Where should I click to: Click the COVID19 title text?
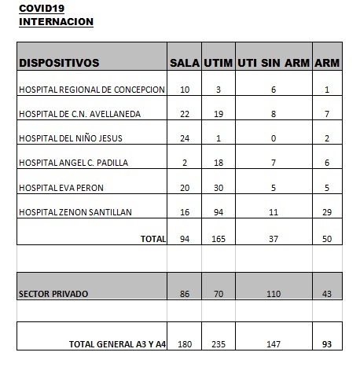point(40,9)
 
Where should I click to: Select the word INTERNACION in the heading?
point(56,21)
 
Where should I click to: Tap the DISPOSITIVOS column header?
point(59,62)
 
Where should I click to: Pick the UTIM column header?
point(218,62)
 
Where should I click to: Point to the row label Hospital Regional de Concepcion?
point(92,90)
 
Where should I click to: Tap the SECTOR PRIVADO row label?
point(54,293)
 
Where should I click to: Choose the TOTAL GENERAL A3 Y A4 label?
point(117,343)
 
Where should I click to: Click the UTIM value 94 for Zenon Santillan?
point(219,212)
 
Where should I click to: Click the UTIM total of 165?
point(219,239)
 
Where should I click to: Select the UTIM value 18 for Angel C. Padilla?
point(219,163)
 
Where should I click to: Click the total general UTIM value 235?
point(219,343)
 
